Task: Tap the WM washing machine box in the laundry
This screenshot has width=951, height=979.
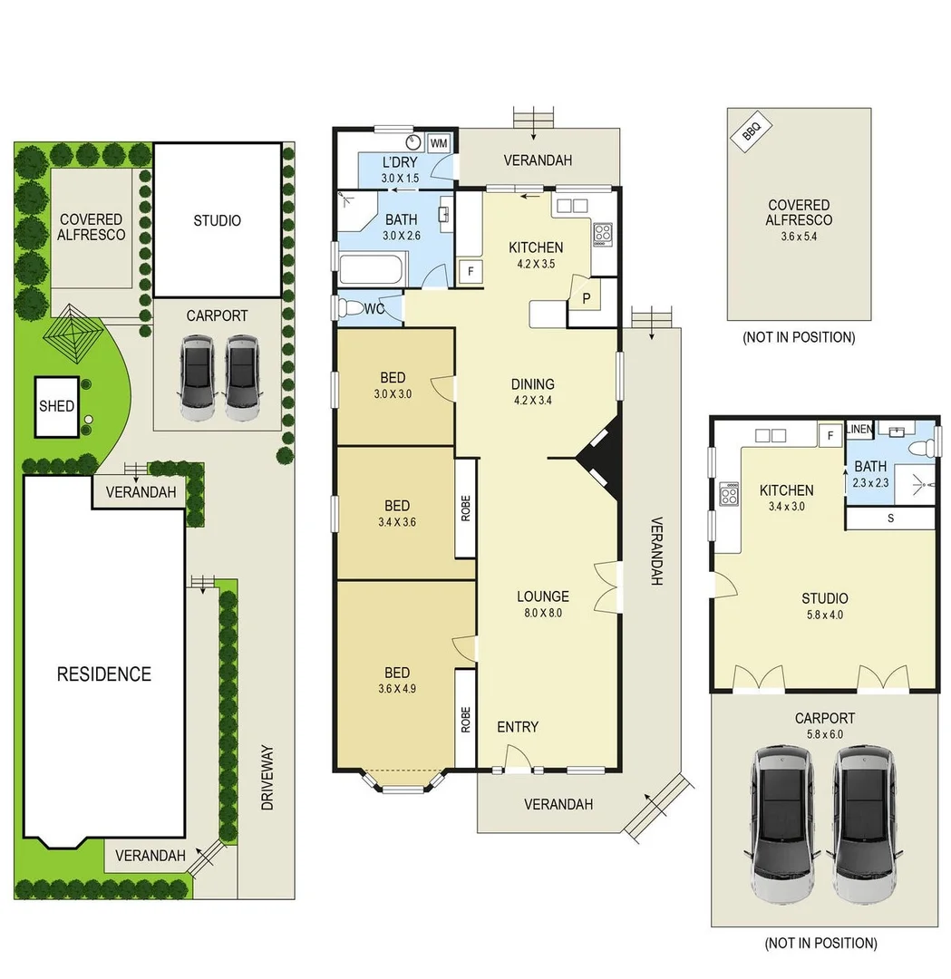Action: tap(439, 144)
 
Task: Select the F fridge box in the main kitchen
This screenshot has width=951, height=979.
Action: tap(471, 270)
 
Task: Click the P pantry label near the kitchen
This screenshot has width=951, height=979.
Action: tap(586, 298)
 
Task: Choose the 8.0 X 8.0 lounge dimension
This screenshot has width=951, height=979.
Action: tap(543, 613)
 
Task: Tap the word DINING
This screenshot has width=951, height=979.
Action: tap(532, 383)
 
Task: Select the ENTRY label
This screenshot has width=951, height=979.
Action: tap(518, 727)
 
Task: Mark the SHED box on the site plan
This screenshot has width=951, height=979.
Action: tap(56, 406)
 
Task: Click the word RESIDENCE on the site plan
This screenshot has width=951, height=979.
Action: tap(104, 674)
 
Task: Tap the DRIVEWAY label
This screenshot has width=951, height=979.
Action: tap(267, 778)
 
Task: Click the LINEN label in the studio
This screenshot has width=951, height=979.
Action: tap(859, 430)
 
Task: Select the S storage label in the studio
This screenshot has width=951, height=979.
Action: tap(890, 519)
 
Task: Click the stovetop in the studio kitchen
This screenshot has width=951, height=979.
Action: tap(729, 495)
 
